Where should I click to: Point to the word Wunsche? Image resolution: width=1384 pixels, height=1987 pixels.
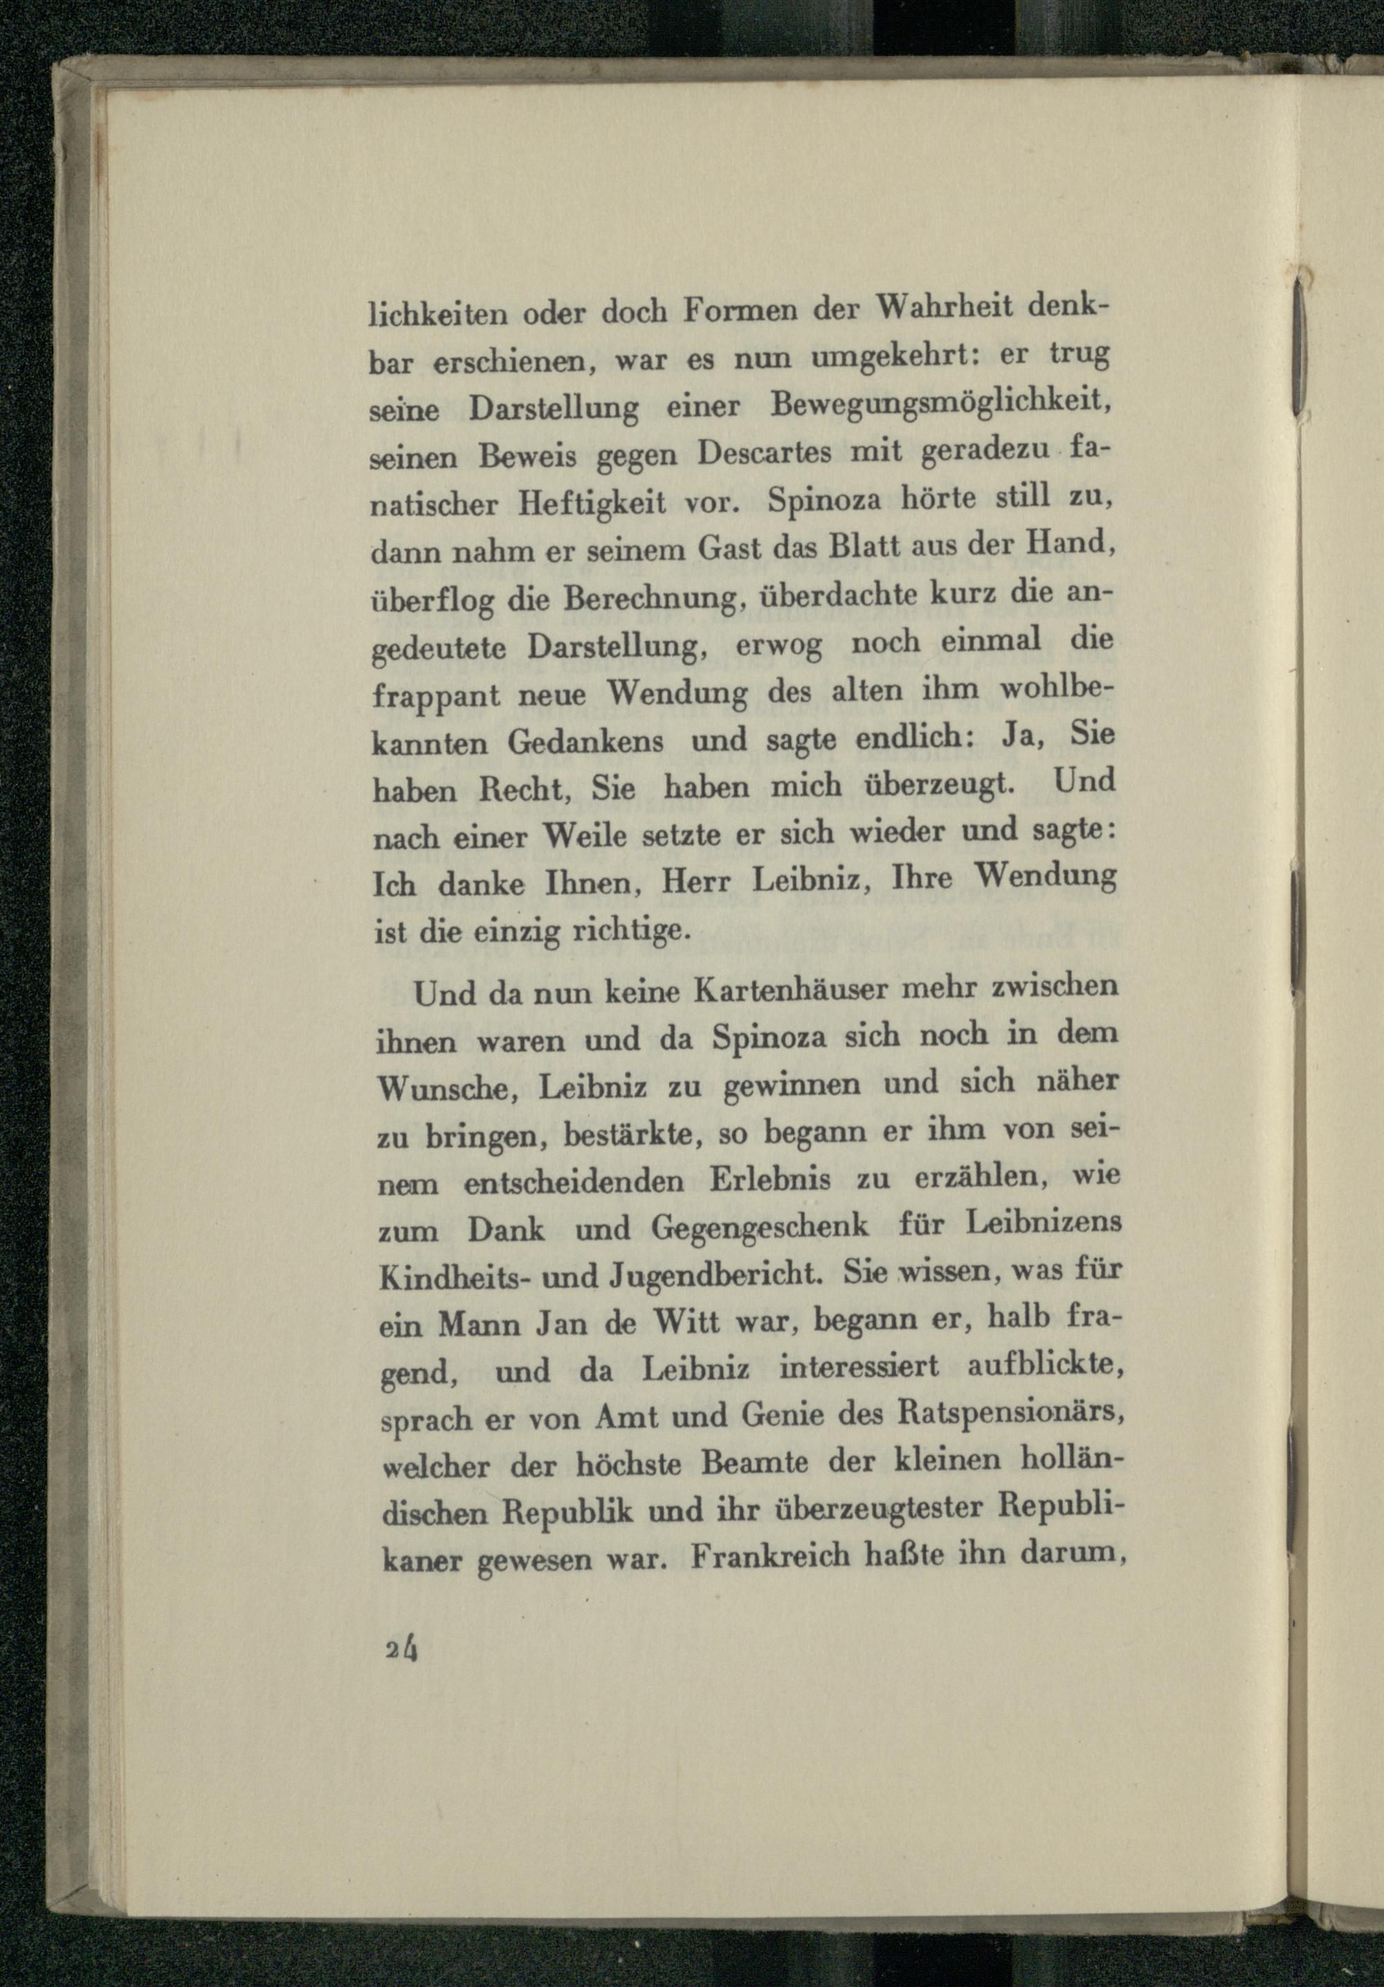(444, 1088)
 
